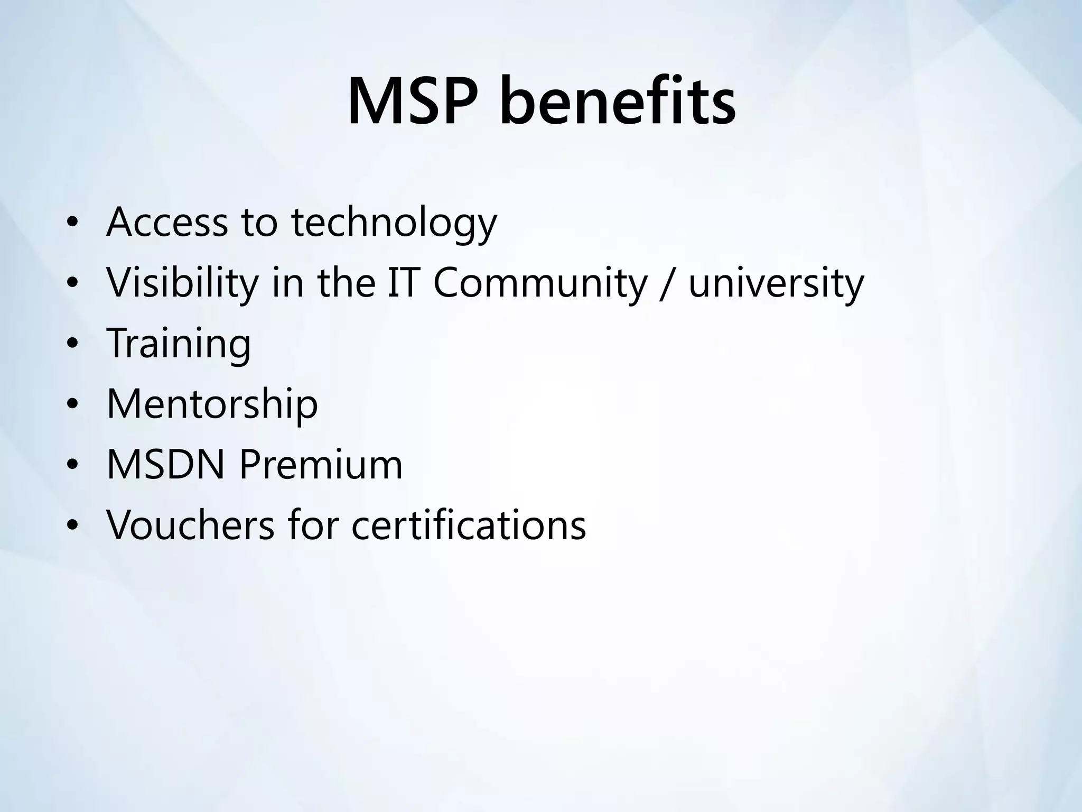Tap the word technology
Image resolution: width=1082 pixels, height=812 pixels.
pyautogui.click(x=394, y=223)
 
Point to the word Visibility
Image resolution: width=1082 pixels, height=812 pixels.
pyautogui.click(x=182, y=283)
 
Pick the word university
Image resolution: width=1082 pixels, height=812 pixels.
pyautogui.click(x=776, y=283)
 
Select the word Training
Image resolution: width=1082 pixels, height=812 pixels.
pyautogui.click(x=179, y=344)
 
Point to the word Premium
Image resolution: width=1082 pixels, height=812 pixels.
pyautogui.click(x=321, y=465)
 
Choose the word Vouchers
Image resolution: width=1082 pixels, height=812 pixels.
pyautogui.click(x=190, y=525)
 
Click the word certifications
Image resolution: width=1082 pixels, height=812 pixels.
pyautogui.click(x=469, y=525)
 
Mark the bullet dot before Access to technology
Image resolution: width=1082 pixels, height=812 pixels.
pyautogui.click(x=72, y=223)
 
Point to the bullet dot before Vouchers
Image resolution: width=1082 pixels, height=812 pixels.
pyautogui.click(x=72, y=525)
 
